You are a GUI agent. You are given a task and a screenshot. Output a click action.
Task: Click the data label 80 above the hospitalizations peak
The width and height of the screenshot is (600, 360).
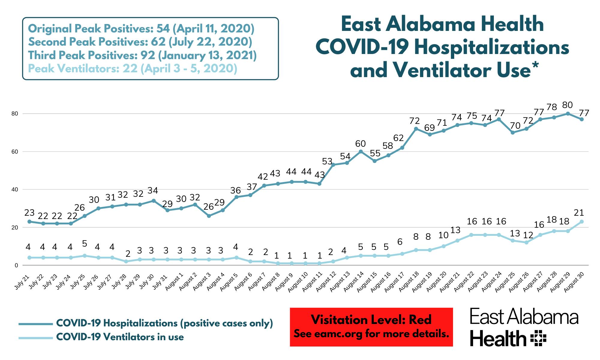[567, 105]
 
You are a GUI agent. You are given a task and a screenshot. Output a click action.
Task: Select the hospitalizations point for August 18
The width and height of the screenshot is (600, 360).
[416, 129]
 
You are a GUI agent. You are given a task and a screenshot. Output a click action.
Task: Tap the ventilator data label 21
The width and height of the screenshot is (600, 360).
[579, 213]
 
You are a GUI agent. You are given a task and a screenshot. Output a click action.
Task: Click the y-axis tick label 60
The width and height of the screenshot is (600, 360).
[15, 152]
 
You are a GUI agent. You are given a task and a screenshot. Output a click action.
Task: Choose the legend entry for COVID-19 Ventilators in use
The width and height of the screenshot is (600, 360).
[120, 337]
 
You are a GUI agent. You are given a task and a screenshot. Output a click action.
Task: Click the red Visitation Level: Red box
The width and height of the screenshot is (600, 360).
[371, 327]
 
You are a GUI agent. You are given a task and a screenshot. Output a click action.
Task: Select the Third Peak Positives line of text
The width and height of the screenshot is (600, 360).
[142, 55]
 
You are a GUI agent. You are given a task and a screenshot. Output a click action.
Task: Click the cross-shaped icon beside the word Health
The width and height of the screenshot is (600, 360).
[538, 338]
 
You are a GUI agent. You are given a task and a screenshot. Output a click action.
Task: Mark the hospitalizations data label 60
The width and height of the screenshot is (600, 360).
[361, 144]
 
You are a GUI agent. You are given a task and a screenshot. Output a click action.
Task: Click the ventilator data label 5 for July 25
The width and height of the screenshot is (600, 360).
[85, 243]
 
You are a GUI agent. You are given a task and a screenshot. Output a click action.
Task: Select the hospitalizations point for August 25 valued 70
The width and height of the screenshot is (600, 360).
[513, 132]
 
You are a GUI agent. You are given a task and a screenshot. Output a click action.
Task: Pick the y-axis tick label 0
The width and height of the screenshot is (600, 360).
[16, 265]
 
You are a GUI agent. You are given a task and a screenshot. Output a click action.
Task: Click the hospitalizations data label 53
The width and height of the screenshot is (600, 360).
[327, 162]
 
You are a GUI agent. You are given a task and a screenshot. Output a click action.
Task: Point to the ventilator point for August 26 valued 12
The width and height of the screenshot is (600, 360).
[526, 242]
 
